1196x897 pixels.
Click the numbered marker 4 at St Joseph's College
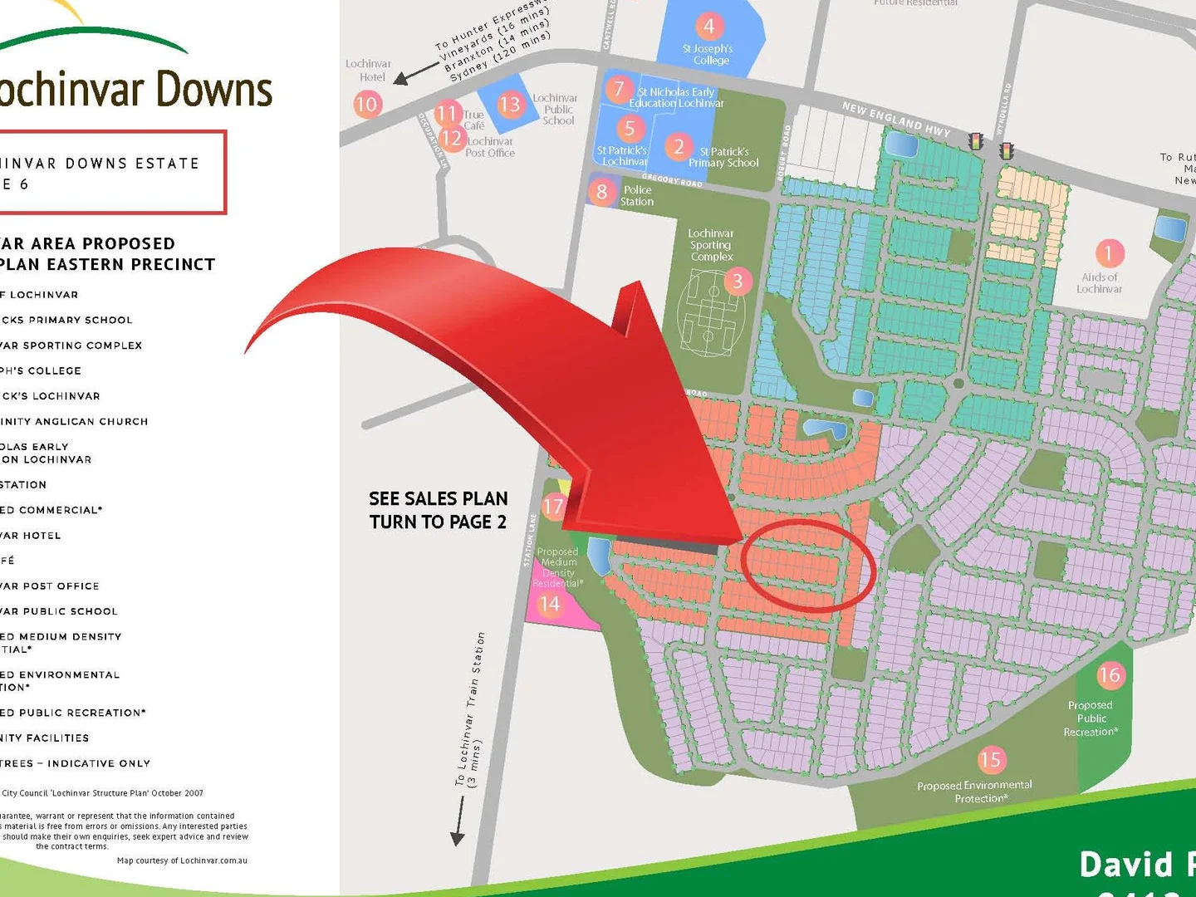[x=708, y=27]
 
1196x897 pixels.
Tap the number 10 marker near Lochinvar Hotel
[x=367, y=105]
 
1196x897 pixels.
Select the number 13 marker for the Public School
[x=509, y=105]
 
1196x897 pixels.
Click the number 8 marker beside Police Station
[x=602, y=192]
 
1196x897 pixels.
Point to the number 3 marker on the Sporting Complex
[x=738, y=282]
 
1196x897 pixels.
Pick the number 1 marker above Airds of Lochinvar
[x=1109, y=252]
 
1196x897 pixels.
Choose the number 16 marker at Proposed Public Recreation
[x=1110, y=675]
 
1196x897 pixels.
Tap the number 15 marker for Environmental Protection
[x=990, y=760]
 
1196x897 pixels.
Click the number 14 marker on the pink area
[x=549, y=605]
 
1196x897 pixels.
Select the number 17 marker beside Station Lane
[x=553, y=506]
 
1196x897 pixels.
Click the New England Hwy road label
[x=895, y=119]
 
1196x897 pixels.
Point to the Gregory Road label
[x=672, y=179]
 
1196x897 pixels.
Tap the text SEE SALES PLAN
[x=438, y=499]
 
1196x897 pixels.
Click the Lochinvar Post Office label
[x=489, y=147]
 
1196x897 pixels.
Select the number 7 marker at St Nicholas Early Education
[x=619, y=89]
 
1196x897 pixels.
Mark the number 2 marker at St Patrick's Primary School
[x=679, y=147]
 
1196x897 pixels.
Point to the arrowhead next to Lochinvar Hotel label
[x=401, y=79]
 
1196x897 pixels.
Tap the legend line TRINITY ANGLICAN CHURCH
[x=75, y=422]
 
